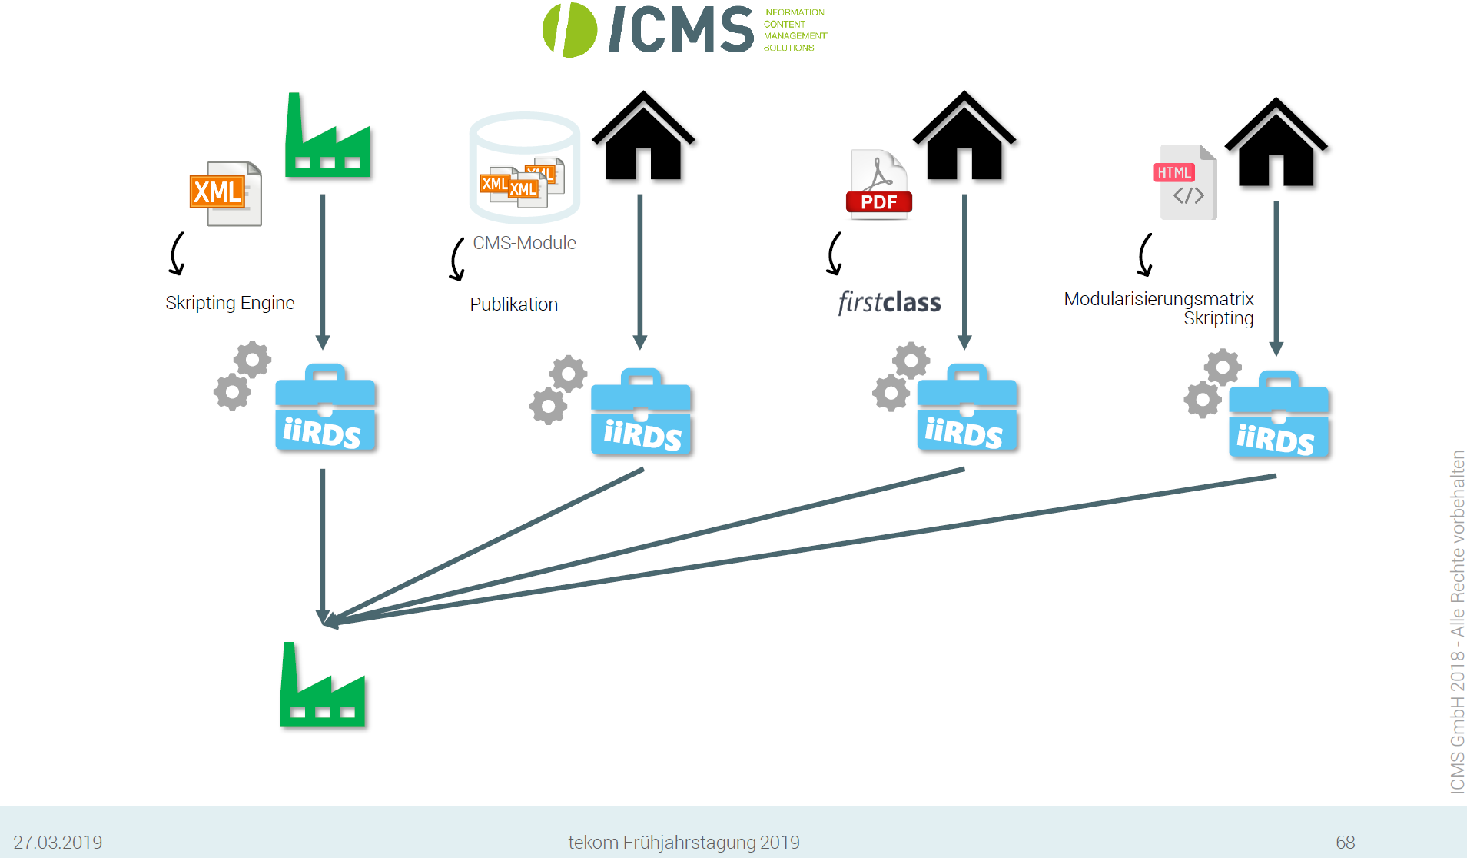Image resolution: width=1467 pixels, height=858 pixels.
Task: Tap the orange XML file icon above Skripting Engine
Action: click(x=225, y=193)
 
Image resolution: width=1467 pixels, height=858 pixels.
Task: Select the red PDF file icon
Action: click(x=879, y=185)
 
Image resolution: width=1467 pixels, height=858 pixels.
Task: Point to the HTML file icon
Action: click(x=1187, y=182)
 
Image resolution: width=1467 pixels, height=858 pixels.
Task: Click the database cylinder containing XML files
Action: click(x=524, y=168)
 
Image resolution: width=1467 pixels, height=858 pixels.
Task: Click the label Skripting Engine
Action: click(x=230, y=303)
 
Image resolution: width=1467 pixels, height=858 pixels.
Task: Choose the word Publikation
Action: click(x=513, y=304)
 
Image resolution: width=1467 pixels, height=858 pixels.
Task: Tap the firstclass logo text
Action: click(x=889, y=302)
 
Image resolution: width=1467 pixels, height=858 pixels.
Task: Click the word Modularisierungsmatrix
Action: click(x=1158, y=299)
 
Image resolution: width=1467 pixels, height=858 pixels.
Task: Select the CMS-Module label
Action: click(x=524, y=243)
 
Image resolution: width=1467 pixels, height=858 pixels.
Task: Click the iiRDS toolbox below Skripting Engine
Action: click(x=325, y=408)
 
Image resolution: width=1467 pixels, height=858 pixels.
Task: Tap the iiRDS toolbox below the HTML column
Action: click(x=1279, y=415)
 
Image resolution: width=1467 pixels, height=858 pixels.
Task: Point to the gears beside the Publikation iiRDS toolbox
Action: click(x=558, y=389)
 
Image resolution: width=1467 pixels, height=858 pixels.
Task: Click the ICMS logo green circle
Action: click(x=569, y=30)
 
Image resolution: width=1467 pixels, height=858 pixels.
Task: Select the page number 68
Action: click(x=1345, y=842)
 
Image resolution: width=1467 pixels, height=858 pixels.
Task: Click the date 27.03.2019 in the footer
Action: click(x=58, y=842)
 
